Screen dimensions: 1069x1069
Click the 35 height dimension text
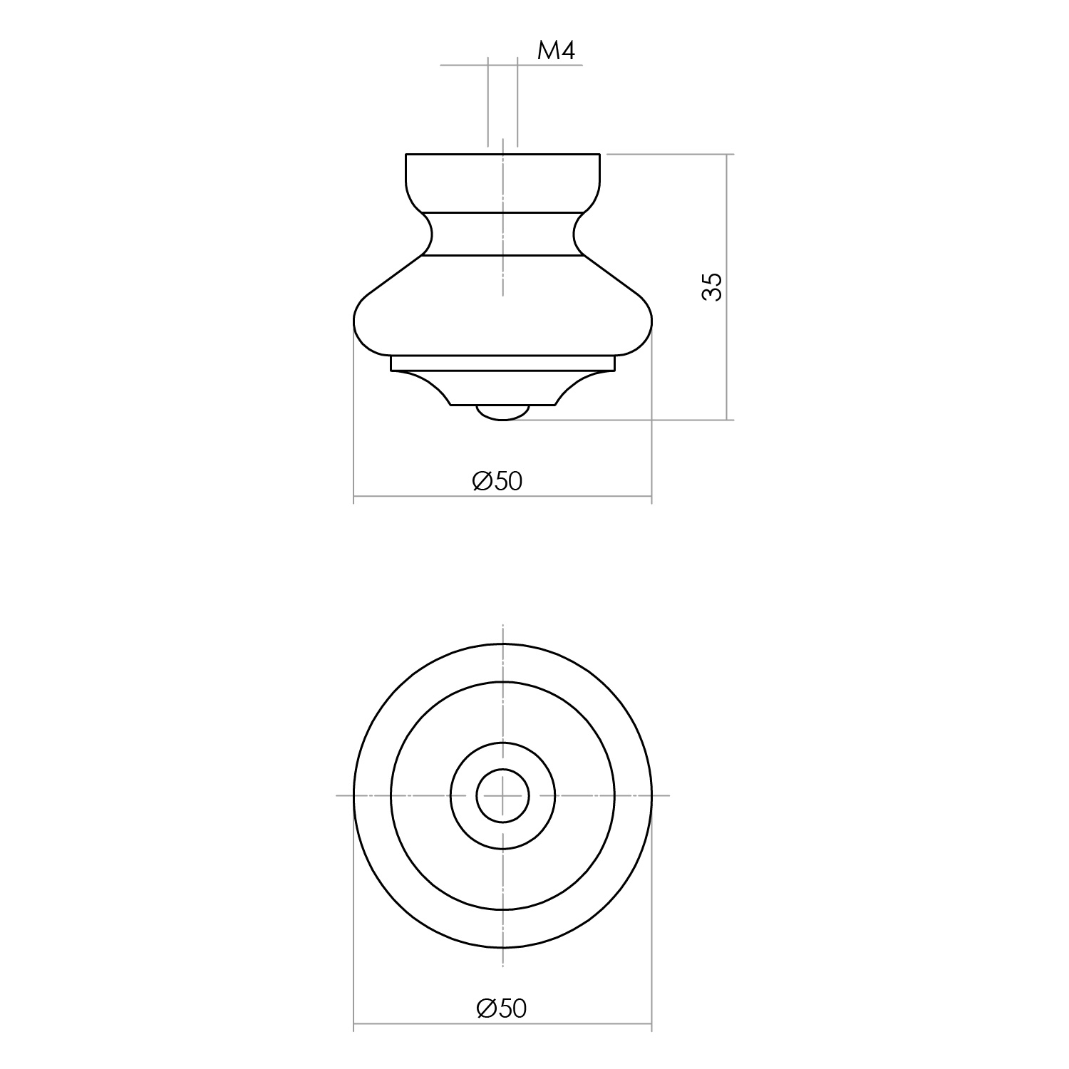pyautogui.click(x=712, y=286)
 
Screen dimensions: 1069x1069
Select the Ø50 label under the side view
pyautogui.click(x=497, y=482)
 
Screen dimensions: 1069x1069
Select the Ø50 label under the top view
pyautogui.click(x=502, y=1008)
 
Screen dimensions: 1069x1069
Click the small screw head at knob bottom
pyautogui.click(x=502, y=413)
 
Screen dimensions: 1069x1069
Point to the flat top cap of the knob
pyautogui.click(x=502, y=182)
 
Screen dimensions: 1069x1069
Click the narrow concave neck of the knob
pyautogui.click(x=502, y=234)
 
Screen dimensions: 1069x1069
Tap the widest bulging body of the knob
pyautogui.click(x=502, y=306)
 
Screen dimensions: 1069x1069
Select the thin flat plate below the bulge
pyautogui.click(x=502, y=363)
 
